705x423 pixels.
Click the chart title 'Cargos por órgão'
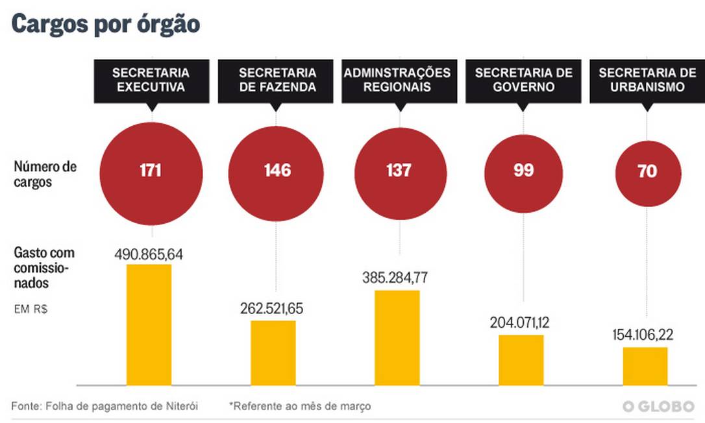[x=105, y=24]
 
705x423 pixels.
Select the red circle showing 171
[x=151, y=171]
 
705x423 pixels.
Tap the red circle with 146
[x=276, y=171]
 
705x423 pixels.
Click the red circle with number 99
[x=523, y=171]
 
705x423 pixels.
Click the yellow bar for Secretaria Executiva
[x=149, y=325]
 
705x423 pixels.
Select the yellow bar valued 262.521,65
[x=273, y=353]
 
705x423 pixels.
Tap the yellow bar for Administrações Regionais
[x=397, y=338]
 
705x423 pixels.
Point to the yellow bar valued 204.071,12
[x=521, y=360]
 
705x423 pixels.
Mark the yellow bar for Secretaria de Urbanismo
[x=645, y=367]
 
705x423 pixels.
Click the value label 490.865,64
[x=149, y=254]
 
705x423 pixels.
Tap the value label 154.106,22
[x=645, y=335]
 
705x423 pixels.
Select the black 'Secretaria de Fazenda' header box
[x=277, y=80]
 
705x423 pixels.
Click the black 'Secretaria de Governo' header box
[x=523, y=80]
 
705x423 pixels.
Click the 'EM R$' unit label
[x=31, y=309]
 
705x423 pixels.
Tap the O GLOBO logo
[x=658, y=407]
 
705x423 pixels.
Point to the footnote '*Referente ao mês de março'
[x=300, y=407]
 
